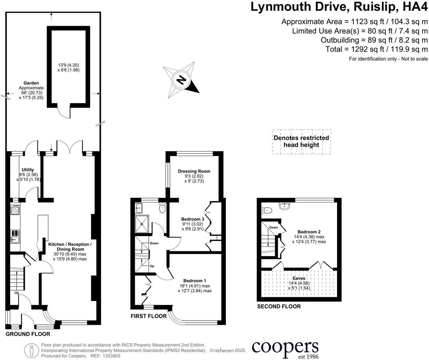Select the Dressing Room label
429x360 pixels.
194,171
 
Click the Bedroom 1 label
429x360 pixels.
195,281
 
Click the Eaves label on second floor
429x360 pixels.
299,278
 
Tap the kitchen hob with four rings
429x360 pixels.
16,210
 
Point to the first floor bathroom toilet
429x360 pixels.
162,208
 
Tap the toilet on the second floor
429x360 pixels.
267,210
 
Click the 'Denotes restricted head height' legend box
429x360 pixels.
301,141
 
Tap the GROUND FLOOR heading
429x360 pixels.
28,334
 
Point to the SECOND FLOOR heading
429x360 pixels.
279,307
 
